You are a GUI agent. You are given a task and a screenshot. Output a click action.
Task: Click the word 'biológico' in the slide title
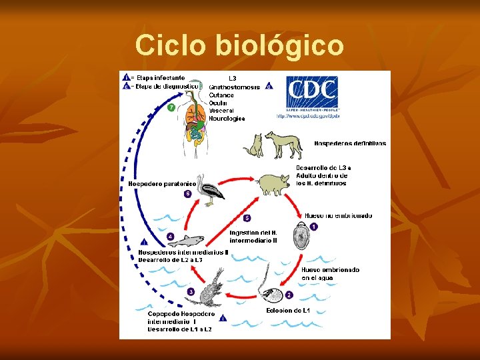pyautogui.click(x=279, y=46)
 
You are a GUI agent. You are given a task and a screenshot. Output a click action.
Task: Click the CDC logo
pyautogui.click(x=312, y=93)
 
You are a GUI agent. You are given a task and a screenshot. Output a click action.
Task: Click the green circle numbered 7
pyautogui.click(x=171, y=108)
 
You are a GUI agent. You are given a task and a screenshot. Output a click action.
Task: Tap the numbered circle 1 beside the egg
pyautogui.click(x=314, y=227)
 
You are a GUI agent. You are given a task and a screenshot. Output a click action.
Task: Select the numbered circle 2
pyautogui.click(x=289, y=294)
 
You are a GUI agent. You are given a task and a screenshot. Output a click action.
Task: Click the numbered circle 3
pyautogui.click(x=191, y=292)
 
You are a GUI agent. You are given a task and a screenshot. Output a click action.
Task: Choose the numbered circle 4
pyautogui.click(x=171, y=236)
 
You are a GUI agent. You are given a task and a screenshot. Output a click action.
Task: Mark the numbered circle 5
pyautogui.click(x=247, y=218)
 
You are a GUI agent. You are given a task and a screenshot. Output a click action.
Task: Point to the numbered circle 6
pyautogui.click(x=188, y=194)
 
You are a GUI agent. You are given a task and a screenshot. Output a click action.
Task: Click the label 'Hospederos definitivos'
pyautogui.click(x=349, y=143)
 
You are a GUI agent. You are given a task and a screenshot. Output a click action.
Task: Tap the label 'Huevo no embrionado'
pyautogui.click(x=338, y=215)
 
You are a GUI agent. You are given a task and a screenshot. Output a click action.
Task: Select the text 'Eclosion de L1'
pyautogui.click(x=288, y=311)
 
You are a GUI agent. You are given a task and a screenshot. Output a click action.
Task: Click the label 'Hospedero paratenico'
pyautogui.click(x=162, y=183)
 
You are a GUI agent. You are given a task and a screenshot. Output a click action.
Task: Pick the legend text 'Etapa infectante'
pyautogui.click(x=161, y=77)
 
